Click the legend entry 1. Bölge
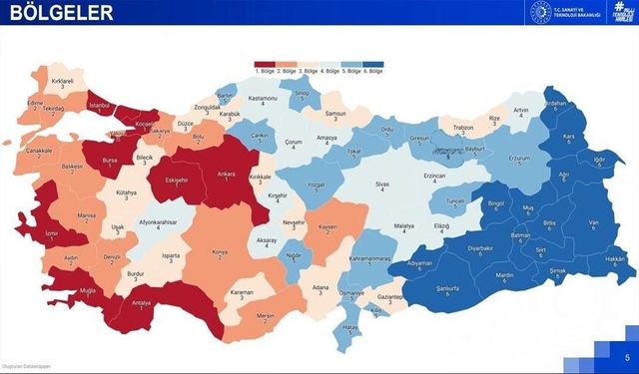point(266,70)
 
